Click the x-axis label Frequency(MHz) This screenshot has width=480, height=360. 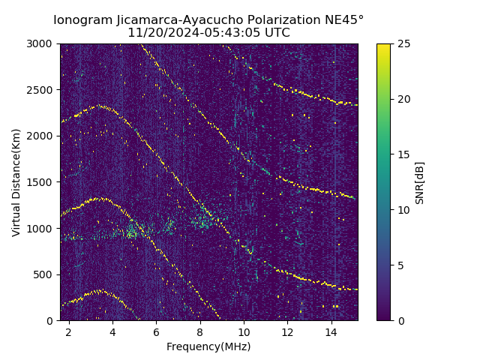[x=208, y=346]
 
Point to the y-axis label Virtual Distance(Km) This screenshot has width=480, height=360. [x=16, y=182]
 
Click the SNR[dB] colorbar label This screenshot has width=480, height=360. [x=420, y=182]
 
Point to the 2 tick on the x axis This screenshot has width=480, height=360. [x=69, y=331]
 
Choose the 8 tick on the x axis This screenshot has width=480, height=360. [x=200, y=331]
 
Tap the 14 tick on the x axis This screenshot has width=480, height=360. [x=331, y=331]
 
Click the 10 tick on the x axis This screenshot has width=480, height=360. [x=244, y=331]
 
